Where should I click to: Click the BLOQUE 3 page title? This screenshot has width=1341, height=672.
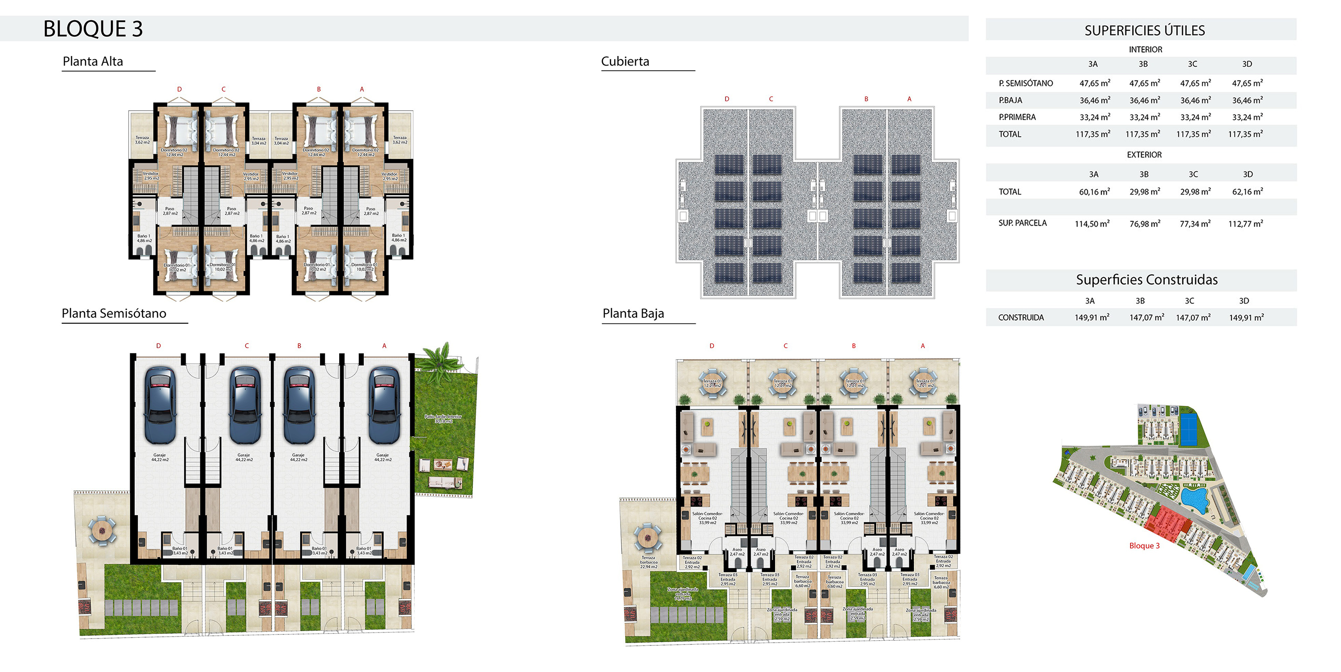93,28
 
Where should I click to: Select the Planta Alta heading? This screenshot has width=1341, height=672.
93,61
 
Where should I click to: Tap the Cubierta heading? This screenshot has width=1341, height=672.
625,61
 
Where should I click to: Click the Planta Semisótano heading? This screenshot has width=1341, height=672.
114,314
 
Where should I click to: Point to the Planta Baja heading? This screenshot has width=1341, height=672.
633,314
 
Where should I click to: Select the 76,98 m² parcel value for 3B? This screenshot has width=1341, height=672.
1145,223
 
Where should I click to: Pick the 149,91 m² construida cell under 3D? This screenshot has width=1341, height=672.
1246,317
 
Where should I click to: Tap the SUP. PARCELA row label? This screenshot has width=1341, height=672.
1022,223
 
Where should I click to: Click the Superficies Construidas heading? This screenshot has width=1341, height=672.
1147,280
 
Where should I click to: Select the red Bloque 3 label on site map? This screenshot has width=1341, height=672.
1144,546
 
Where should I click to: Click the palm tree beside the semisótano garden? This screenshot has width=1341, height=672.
441,358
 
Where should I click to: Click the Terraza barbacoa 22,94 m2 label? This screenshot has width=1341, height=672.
649,562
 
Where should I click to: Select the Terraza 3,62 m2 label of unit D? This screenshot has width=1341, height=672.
142,139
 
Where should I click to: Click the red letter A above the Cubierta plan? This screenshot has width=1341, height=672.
909,99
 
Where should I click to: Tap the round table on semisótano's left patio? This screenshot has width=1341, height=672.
102,531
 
